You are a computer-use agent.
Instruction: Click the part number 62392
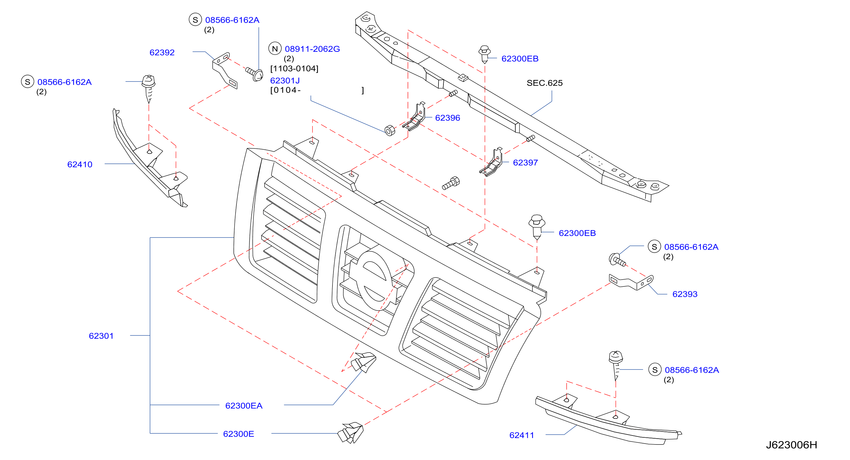click(x=162, y=52)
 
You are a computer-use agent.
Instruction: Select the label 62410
click(x=80, y=164)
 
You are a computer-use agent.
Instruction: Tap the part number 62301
click(x=101, y=336)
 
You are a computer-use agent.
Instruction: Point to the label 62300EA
click(x=244, y=405)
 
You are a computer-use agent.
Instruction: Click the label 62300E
click(x=239, y=434)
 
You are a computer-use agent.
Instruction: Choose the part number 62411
click(x=522, y=435)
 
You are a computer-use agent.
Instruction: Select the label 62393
click(x=685, y=294)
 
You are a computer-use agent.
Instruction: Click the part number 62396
click(x=447, y=118)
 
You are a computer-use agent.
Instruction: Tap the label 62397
click(x=525, y=163)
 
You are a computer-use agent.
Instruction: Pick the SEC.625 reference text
click(x=545, y=83)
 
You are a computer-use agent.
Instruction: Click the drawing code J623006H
click(x=792, y=445)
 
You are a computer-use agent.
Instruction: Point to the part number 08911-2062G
click(x=312, y=49)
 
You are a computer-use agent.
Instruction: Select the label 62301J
click(x=285, y=81)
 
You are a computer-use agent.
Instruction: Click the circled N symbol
click(x=275, y=48)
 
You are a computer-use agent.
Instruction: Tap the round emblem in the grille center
click(x=375, y=281)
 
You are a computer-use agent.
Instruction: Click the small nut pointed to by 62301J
click(x=390, y=130)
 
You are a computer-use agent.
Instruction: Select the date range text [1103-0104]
click(x=294, y=69)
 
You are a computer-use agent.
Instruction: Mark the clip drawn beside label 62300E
click(x=350, y=433)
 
